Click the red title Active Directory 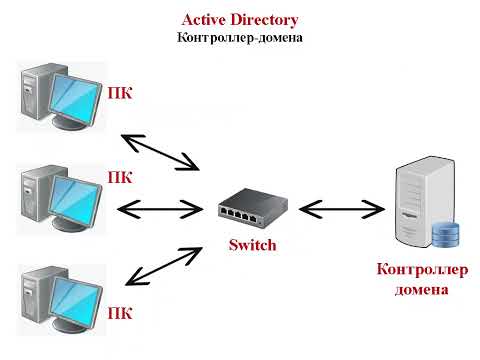pyautogui.click(x=239, y=20)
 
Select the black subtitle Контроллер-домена pyautogui.click(x=239, y=37)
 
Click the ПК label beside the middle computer pyautogui.click(x=120, y=176)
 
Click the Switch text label pyautogui.click(x=252, y=245)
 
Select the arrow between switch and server pyautogui.click(x=342, y=209)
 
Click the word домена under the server pyautogui.click(x=420, y=290)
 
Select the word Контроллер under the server pyautogui.click(x=421, y=270)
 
